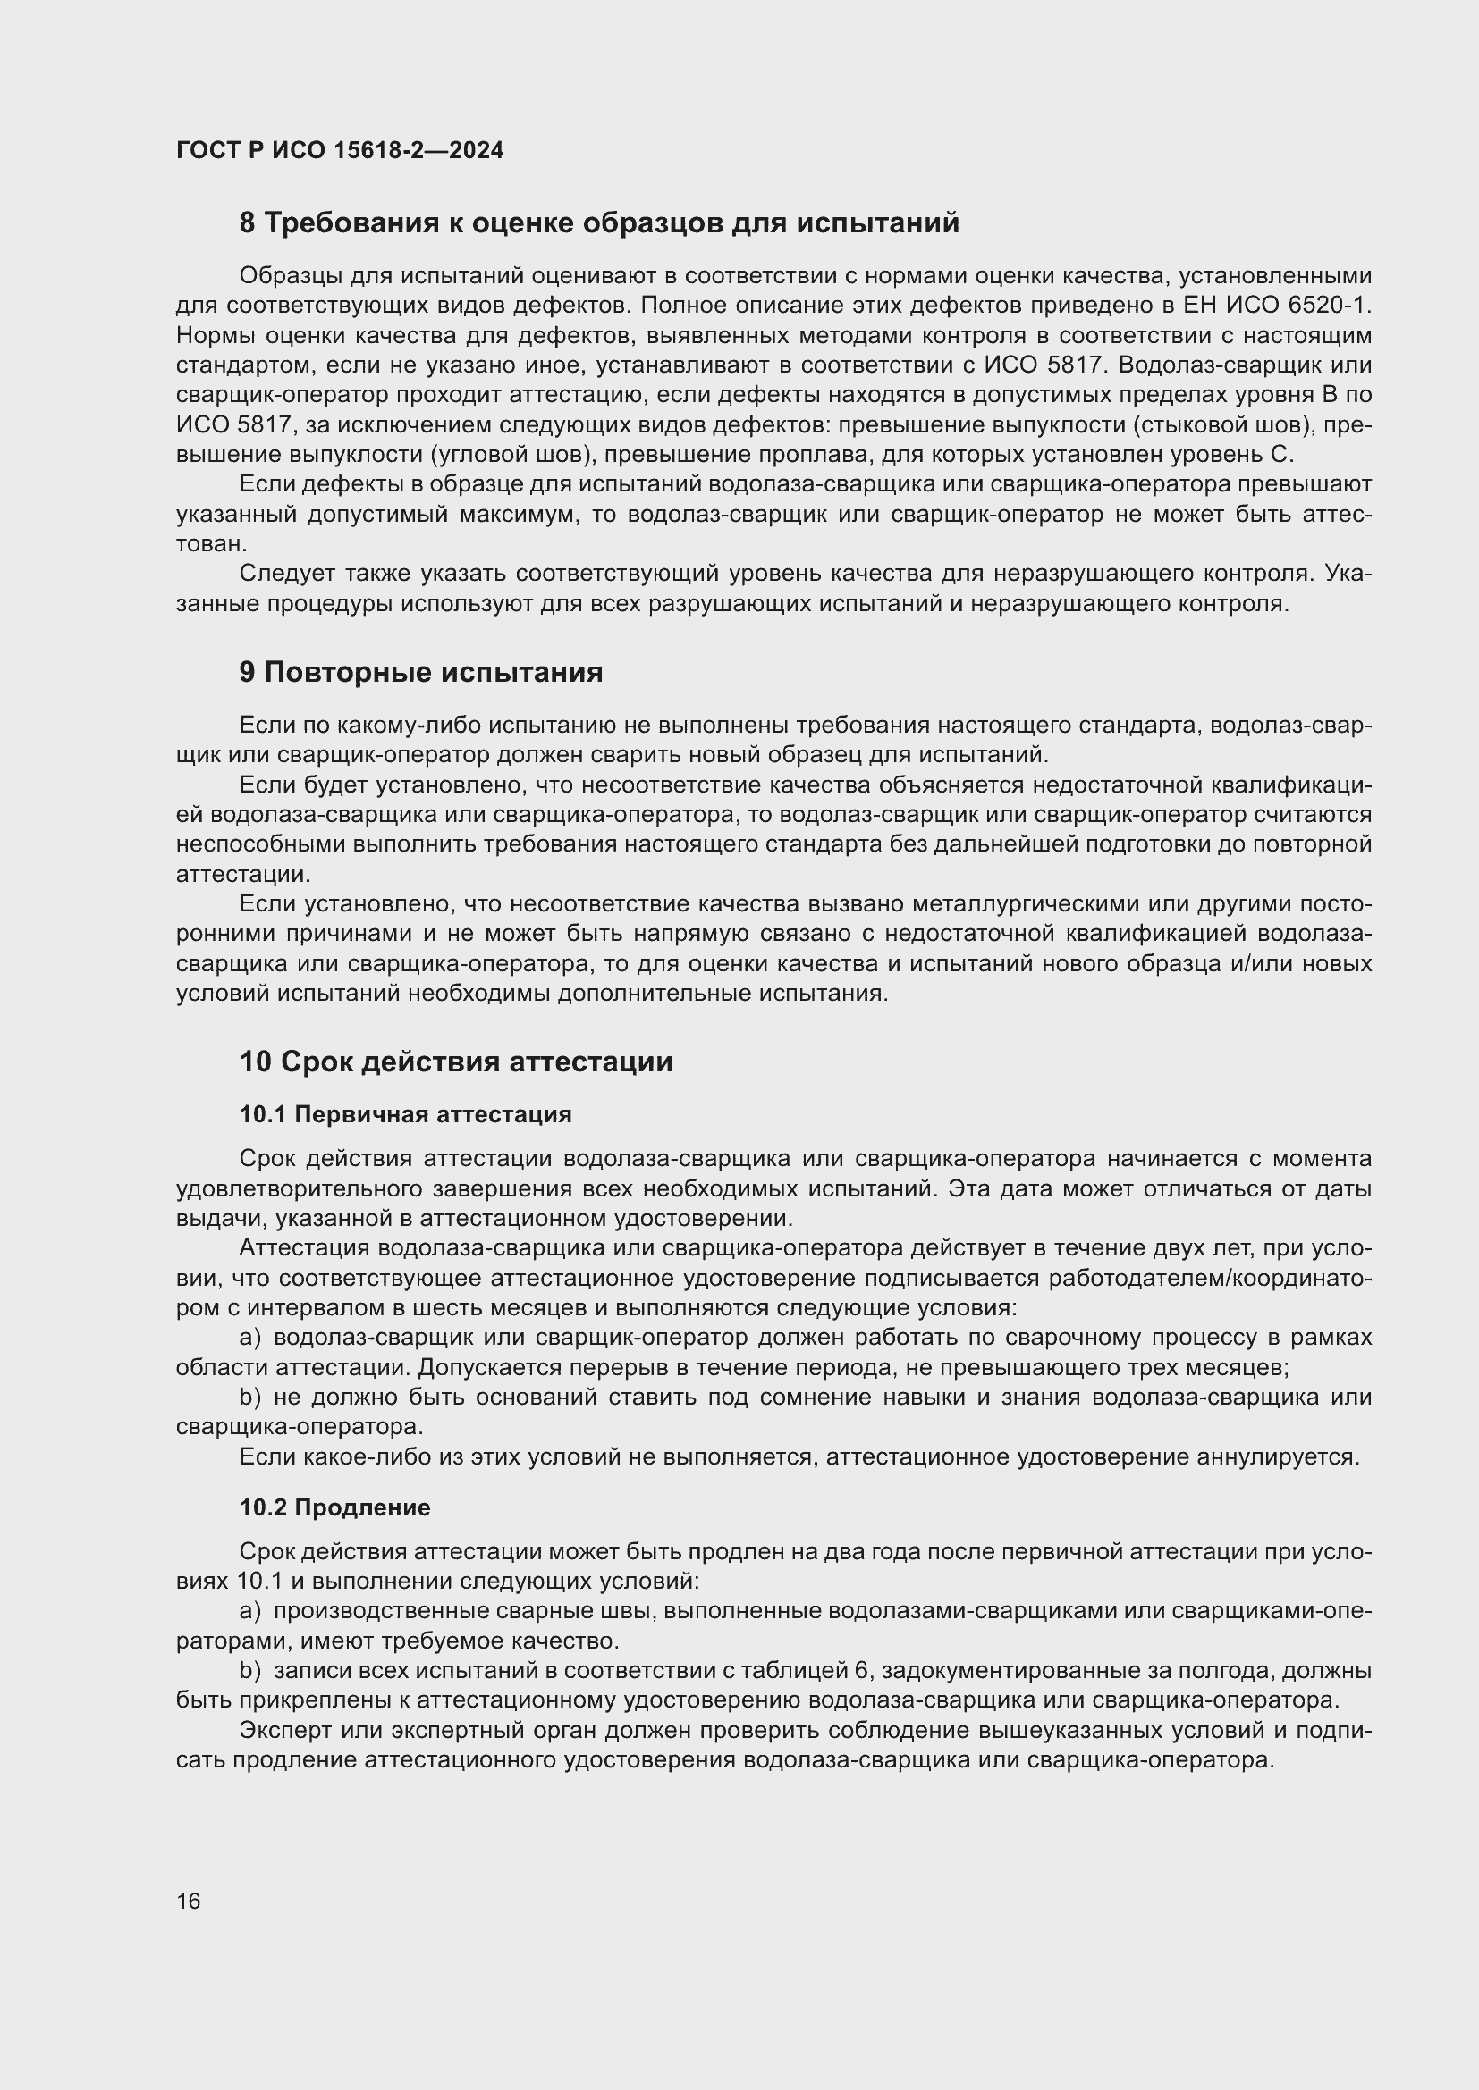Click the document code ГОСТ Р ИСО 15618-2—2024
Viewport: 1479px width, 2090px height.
pyautogui.click(x=340, y=150)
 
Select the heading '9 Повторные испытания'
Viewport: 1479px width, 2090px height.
pyautogui.click(x=421, y=672)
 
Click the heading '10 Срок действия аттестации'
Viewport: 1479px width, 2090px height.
pyautogui.click(x=455, y=1062)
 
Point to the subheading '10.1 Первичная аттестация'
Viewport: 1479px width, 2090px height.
pyautogui.click(x=405, y=1114)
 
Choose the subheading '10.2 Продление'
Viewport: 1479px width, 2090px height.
pyautogui.click(x=334, y=1507)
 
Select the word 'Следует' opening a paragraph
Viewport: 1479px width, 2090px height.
pyautogui.click(x=285, y=574)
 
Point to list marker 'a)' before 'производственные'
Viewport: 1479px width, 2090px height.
pyautogui.click(x=250, y=1611)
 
